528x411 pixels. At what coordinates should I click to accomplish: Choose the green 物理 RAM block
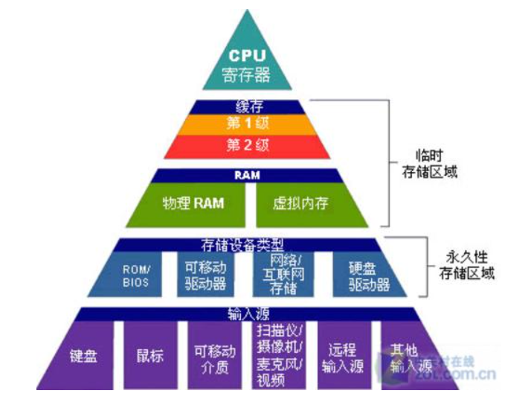[x=193, y=202]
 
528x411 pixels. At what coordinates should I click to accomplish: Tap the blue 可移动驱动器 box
[x=205, y=275]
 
